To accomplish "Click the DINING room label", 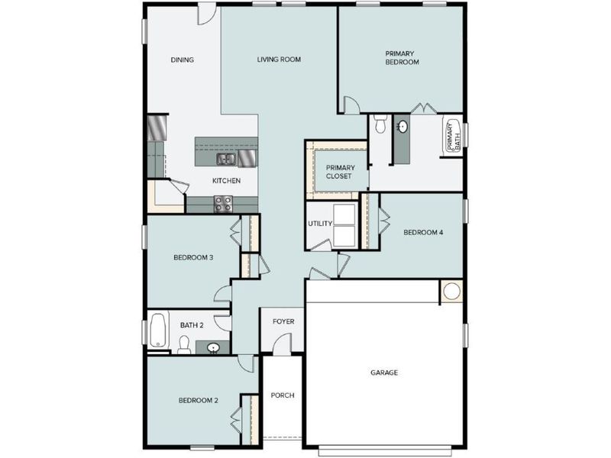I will [x=182, y=60].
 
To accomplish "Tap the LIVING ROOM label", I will [x=279, y=60].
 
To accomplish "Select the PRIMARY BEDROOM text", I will [x=402, y=58].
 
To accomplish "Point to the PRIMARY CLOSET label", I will [x=339, y=172].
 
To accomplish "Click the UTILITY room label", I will [x=319, y=224].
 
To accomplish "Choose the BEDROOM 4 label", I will [x=423, y=233].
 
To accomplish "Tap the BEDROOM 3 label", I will [x=193, y=257].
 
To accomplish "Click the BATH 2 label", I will [x=192, y=325].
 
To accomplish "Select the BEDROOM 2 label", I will [x=199, y=400].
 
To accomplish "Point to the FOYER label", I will [x=283, y=322].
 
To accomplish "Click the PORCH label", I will [x=283, y=395].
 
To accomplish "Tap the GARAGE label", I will [x=384, y=373].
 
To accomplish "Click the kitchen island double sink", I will [x=226, y=159].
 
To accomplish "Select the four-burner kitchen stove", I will [x=223, y=204].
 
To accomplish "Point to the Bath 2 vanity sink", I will [x=215, y=348].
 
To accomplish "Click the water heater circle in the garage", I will [x=451, y=291].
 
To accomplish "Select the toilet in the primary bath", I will [x=380, y=124].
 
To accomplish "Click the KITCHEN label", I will [x=226, y=181].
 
